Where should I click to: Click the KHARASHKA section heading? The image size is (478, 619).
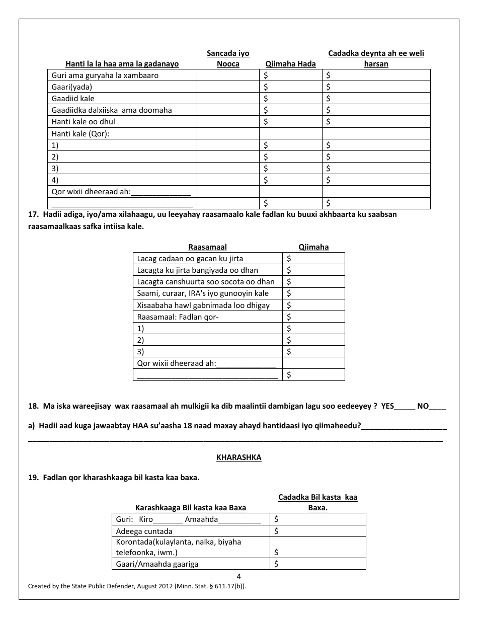point(238,457)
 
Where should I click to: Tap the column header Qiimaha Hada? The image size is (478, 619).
point(290,63)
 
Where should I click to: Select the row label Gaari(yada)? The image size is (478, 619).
point(72,87)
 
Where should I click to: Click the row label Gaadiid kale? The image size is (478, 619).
point(73,99)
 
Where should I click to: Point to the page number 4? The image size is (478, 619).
point(238,577)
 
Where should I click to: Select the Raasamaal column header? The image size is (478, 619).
point(207,247)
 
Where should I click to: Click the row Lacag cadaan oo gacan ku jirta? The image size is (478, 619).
point(190,259)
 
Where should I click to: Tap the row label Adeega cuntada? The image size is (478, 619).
point(144,531)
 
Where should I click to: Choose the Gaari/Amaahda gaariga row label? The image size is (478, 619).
point(157,564)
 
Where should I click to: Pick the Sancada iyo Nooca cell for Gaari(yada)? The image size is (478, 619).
point(227,87)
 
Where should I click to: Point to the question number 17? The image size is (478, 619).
point(33,214)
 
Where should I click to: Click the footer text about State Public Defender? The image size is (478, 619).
point(137,586)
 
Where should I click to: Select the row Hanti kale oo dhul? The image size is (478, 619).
point(84,122)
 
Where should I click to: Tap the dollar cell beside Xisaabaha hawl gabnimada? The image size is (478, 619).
point(313,305)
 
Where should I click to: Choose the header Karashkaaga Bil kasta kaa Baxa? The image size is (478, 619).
point(191,508)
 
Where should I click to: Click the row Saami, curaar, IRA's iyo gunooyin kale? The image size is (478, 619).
point(203,293)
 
